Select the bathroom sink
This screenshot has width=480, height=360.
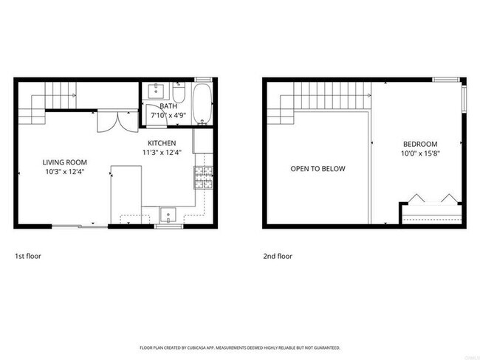click(157, 91)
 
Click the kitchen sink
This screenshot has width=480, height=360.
click(168, 215)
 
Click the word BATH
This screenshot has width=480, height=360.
click(169, 106)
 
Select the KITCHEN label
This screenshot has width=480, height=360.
click(161, 143)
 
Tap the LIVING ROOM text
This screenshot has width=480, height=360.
click(64, 162)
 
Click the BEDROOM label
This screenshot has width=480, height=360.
click(420, 144)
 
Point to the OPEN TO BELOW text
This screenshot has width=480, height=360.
click(318, 169)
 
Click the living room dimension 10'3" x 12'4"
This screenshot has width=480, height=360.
click(64, 172)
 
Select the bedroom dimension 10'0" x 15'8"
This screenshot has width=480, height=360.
click(420, 153)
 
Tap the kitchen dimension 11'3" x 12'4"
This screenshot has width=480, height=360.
click(161, 153)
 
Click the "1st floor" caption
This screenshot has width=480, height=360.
click(28, 257)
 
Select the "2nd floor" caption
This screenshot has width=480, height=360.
click(278, 257)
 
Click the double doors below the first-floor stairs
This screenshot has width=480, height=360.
click(108, 120)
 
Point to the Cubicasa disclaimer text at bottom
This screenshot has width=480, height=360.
click(240, 346)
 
